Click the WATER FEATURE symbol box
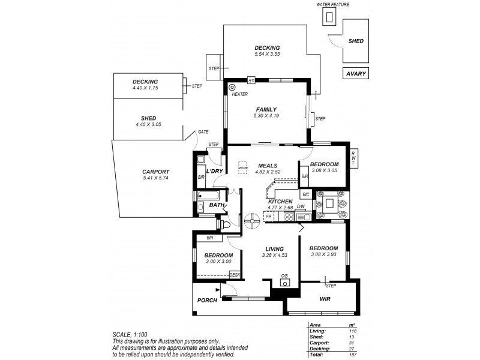328,18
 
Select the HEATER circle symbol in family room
232,88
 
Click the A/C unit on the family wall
251,80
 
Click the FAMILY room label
266,109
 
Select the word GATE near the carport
203,133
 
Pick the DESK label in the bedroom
235,275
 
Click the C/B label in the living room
284,276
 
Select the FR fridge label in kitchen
269,215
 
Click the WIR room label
325,298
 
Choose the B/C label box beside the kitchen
305,194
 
